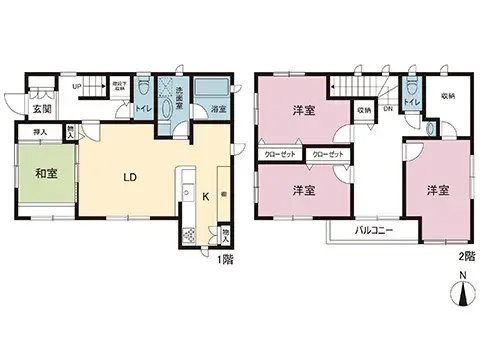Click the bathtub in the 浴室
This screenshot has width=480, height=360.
point(211,91)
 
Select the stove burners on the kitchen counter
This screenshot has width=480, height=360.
point(187,236)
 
